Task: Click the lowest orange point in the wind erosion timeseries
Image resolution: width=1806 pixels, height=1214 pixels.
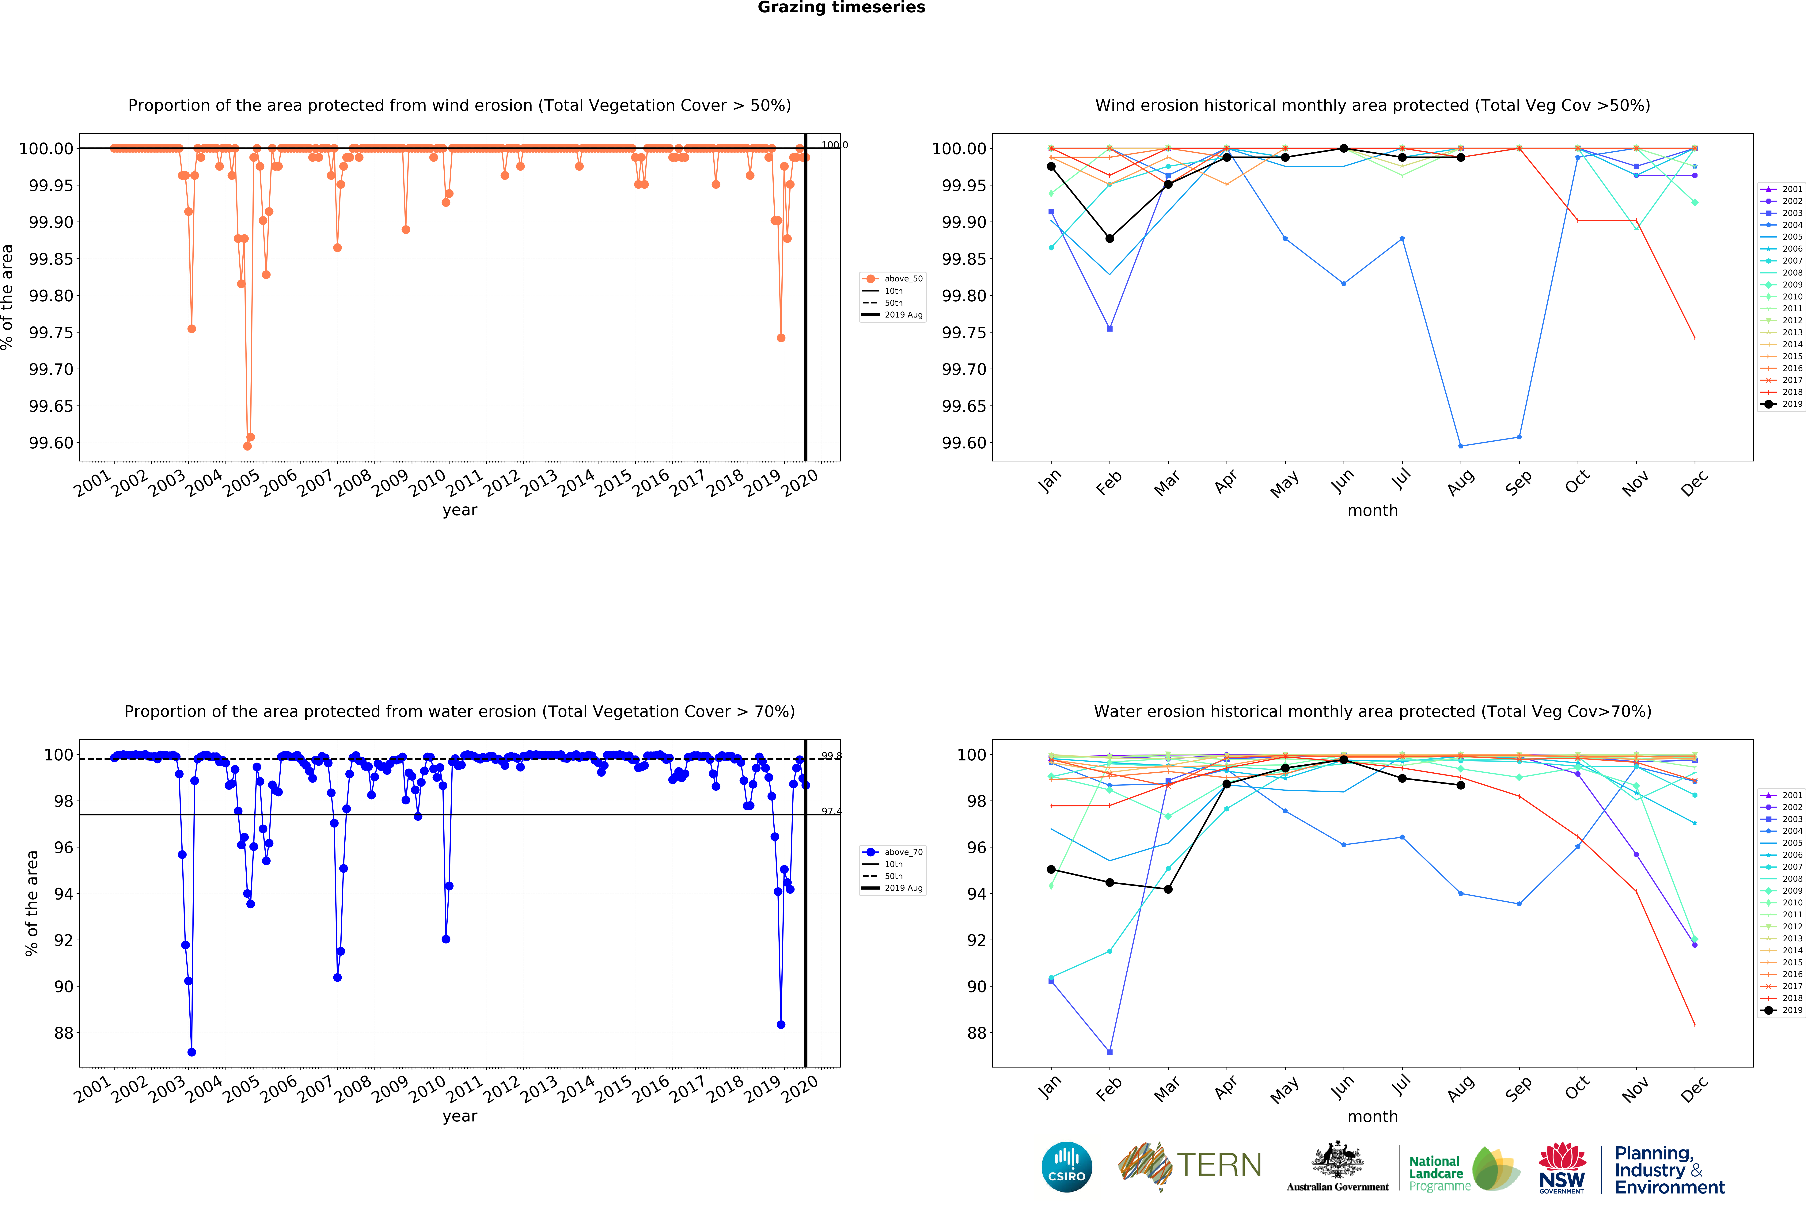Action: pyautogui.click(x=247, y=446)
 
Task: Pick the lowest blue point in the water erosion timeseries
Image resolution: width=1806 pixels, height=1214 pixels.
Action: pyautogui.click(x=191, y=1052)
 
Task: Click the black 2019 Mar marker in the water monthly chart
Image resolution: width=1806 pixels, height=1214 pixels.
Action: pyautogui.click(x=1168, y=890)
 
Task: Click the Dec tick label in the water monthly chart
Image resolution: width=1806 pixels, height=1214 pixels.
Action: pyautogui.click(x=1694, y=1089)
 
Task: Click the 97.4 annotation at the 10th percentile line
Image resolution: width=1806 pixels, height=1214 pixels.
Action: pyautogui.click(x=831, y=811)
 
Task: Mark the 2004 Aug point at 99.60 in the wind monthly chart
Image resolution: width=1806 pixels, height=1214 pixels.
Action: pyautogui.click(x=1461, y=446)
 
